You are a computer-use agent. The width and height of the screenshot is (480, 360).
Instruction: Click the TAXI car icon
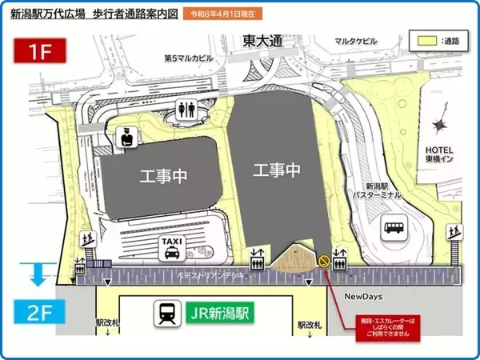(x=171, y=249)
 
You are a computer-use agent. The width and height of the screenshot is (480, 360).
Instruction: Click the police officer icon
(x=126, y=138)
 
